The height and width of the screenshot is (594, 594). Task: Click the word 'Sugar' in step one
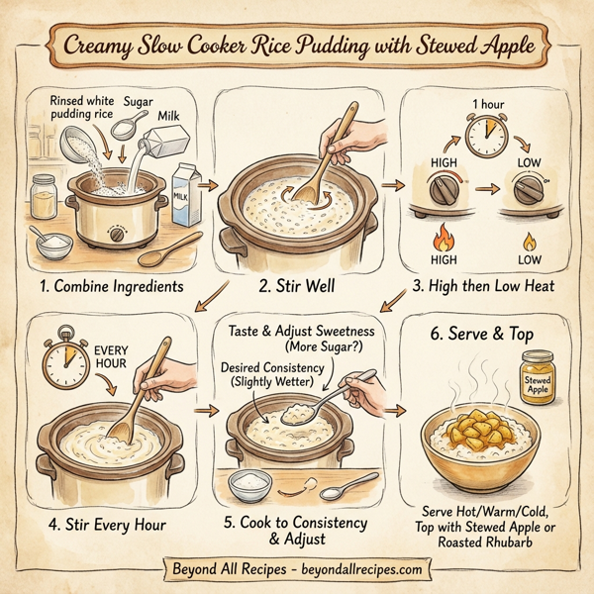[x=140, y=101]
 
